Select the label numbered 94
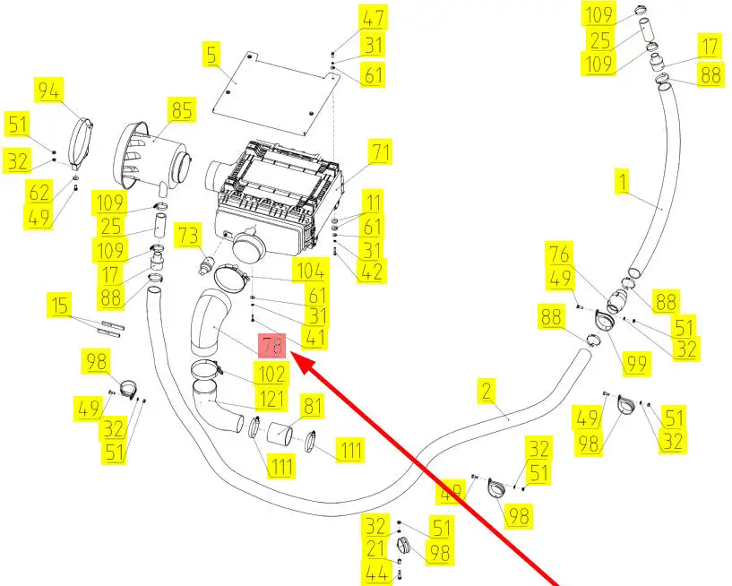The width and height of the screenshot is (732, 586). coord(49,90)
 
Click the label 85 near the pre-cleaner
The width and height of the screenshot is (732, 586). coord(182,111)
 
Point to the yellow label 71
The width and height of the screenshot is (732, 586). coord(381,152)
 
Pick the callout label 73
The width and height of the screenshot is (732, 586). coord(188,237)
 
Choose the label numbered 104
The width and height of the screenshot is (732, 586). coord(313,271)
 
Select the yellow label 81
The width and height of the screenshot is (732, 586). coord(311,408)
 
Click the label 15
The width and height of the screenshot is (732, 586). coord(59,306)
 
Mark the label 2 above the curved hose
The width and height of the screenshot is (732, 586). coord(487,390)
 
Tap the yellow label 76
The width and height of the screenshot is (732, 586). coord(560,254)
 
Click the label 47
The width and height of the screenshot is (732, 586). coord(373,17)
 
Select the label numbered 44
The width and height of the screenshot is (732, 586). coord(377,573)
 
